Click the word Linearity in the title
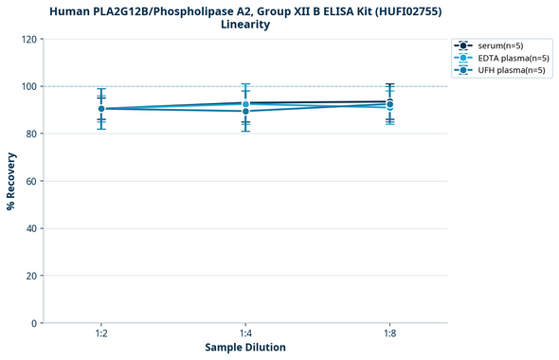coord(245,25)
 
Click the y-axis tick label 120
coord(28,39)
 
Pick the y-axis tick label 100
coord(28,86)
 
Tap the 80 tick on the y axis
coord(31,134)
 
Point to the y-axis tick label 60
coord(31,181)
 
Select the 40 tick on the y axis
coord(31,228)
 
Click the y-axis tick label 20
coord(31,276)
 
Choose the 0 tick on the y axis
coord(34,323)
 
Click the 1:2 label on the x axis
coord(100,334)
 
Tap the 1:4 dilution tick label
coord(245,334)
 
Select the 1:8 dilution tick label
coord(389,334)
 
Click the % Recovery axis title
coord(11,180)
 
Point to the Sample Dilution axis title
coord(245,348)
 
